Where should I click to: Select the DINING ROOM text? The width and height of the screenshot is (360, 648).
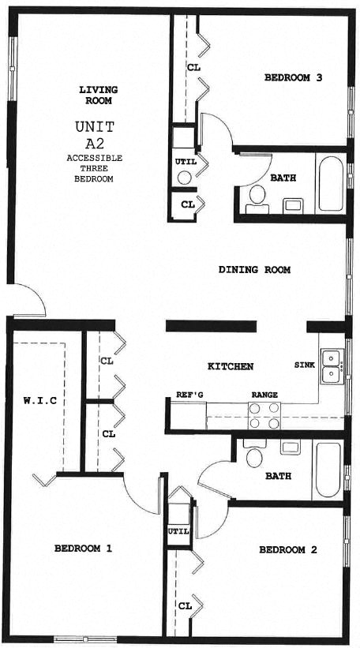[254, 270]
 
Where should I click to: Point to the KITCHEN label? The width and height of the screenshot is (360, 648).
[230, 367]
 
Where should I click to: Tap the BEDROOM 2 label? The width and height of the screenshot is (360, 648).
[287, 549]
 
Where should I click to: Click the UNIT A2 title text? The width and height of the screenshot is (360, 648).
[95, 135]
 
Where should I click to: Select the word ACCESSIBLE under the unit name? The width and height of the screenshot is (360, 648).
[94, 158]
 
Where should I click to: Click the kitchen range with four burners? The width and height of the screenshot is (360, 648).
[264, 414]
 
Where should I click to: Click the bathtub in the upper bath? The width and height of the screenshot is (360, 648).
[331, 184]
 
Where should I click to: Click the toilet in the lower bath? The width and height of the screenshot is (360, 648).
[253, 455]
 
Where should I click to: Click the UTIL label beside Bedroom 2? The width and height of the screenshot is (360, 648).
[178, 530]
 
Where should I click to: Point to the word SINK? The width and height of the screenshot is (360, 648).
[305, 365]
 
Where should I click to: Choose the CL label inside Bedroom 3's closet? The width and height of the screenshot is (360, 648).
[193, 68]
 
